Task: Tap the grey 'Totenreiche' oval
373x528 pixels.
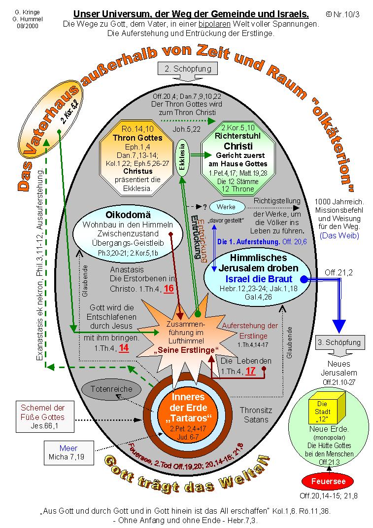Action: pos(111,389)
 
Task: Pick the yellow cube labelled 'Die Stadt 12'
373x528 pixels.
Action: pos(322,412)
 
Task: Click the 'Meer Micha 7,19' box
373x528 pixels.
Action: pos(68,453)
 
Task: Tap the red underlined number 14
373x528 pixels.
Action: pos(124,347)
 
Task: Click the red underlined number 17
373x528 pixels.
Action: pos(250,371)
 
